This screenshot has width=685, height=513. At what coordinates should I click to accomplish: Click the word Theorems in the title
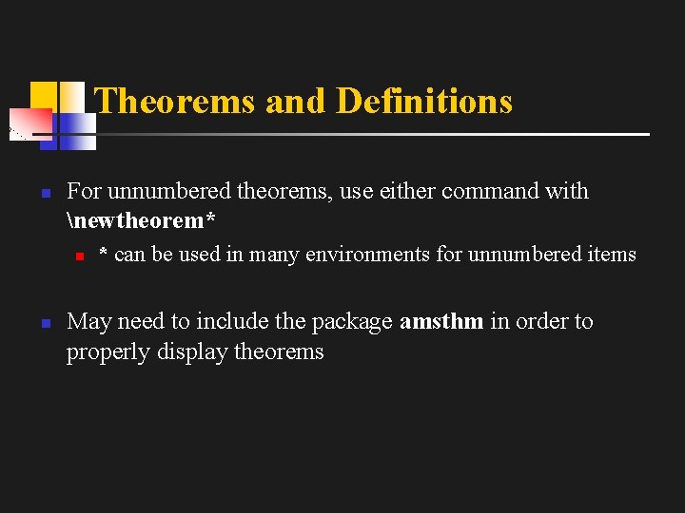coord(175,101)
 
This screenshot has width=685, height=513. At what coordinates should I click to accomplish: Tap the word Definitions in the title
coord(424,101)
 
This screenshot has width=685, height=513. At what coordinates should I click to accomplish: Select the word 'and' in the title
coord(295,101)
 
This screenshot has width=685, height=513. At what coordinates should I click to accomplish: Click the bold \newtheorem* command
coord(142,221)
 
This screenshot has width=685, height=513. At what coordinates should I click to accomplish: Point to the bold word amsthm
coord(441,322)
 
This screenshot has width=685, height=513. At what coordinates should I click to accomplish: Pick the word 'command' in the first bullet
coord(491,191)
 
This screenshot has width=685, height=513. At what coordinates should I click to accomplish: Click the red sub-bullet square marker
coord(81,256)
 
